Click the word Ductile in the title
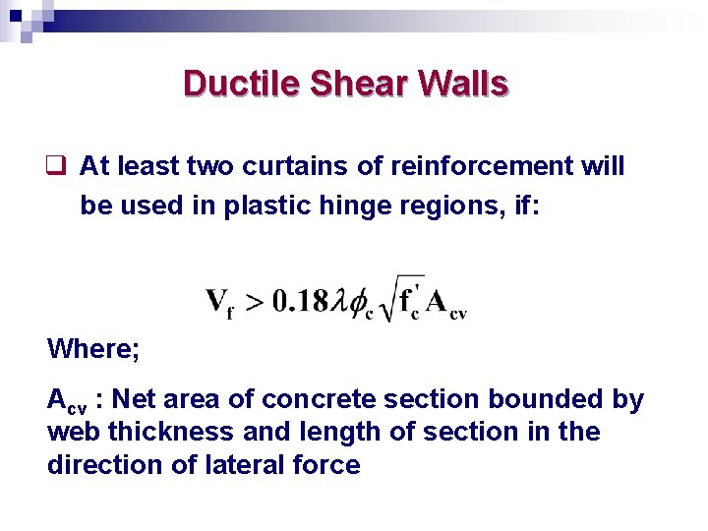point(241,84)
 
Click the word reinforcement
point(475,166)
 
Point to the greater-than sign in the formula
point(255,300)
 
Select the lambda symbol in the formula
point(343,300)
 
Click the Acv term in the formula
point(447,302)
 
